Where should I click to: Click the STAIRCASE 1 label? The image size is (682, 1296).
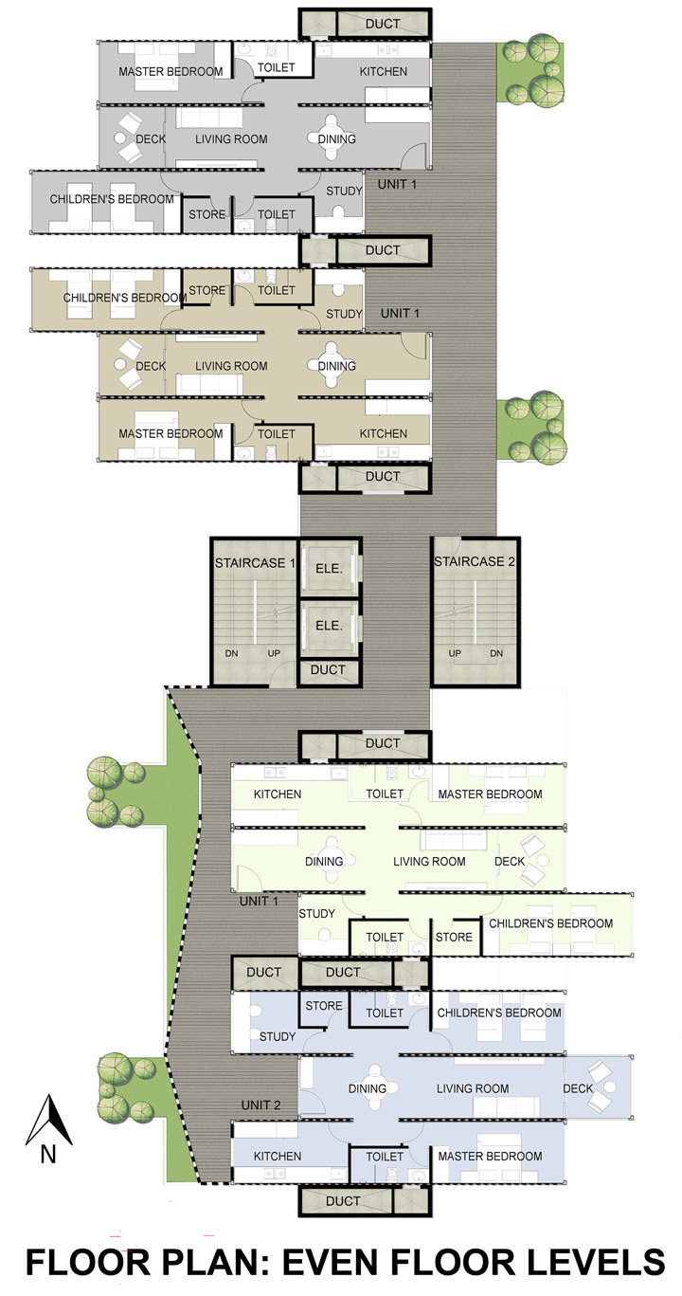pyautogui.click(x=255, y=563)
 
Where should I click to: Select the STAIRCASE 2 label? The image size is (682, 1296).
pyautogui.click(x=474, y=561)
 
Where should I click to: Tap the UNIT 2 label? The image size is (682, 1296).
pyautogui.click(x=260, y=1105)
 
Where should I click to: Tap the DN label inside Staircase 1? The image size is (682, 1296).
pyautogui.click(x=232, y=653)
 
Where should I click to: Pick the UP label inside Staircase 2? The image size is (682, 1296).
pyautogui.click(x=455, y=653)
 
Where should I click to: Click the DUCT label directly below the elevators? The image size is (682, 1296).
pyautogui.click(x=328, y=670)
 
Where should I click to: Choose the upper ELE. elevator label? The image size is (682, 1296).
pyautogui.click(x=329, y=569)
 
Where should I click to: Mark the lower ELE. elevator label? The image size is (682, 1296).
pyautogui.click(x=329, y=626)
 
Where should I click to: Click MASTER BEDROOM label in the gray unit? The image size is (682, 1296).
pyautogui.click(x=170, y=72)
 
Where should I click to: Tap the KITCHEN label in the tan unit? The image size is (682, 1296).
pyautogui.click(x=384, y=433)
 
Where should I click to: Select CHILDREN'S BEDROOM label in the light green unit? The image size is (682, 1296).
pyautogui.click(x=550, y=923)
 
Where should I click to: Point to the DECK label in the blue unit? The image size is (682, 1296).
pyautogui.click(x=578, y=1088)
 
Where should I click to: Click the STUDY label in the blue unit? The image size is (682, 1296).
pyautogui.click(x=278, y=1036)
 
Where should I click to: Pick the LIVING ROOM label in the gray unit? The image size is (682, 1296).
pyautogui.click(x=231, y=138)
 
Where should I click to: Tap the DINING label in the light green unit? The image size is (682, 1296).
pyautogui.click(x=324, y=862)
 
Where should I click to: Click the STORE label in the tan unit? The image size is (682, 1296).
pyautogui.click(x=206, y=290)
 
